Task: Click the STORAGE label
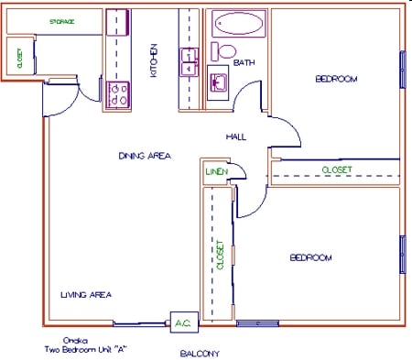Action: tap(61, 21)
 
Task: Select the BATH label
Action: tap(244, 63)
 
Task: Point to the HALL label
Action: tap(236, 136)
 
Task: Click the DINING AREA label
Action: tap(145, 155)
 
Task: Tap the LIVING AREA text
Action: tap(86, 295)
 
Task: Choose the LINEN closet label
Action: tap(215, 171)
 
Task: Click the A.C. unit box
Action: tap(181, 322)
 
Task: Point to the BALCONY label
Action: tap(199, 353)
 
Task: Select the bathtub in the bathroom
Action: tap(241, 24)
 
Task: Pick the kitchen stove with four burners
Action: tap(117, 93)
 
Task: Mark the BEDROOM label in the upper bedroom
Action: tap(336, 79)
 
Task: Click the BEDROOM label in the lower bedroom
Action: tap(310, 257)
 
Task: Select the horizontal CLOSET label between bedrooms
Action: tap(336, 169)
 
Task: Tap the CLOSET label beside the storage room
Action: tap(20, 58)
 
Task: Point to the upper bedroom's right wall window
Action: tap(402, 70)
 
